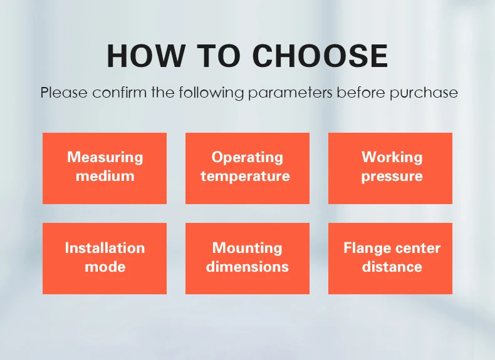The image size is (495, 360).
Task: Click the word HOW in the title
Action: click(x=146, y=56)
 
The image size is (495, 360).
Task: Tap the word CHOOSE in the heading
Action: click(x=320, y=56)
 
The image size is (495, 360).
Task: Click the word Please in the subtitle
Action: click(x=64, y=93)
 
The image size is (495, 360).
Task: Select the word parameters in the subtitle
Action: click(x=290, y=93)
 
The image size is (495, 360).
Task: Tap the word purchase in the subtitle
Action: click(x=424, y=93)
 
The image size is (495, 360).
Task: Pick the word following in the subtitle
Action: click(x=211, y=93)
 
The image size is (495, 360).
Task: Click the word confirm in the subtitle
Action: click(x=119, y=93)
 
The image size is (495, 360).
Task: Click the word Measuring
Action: click(x=105, y=157)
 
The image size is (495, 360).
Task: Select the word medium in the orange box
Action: click(x=105, y=176)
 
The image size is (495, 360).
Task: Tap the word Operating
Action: click(x=247, y=157)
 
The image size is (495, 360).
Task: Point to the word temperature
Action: click(x=245, y=177)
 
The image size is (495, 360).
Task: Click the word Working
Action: click(x=392, y=157)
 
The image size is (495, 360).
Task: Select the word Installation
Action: click(x=105, y=248)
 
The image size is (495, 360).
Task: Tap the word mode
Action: click(x=105, y=267)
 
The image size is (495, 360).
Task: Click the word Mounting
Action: click(x=247, y=249)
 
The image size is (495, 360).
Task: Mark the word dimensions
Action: click(x=247, y=267)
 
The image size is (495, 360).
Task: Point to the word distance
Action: click(x=392, y=267)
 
